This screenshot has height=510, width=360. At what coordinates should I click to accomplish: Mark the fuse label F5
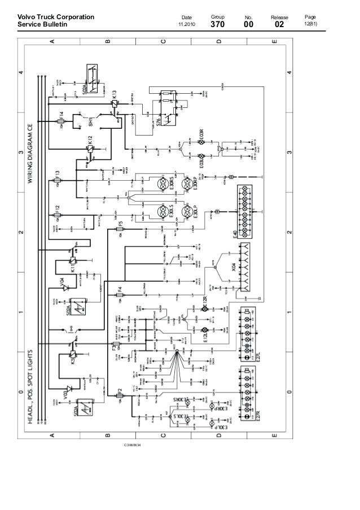pos(120,225)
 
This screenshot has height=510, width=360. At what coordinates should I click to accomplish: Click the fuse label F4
pos(119,291)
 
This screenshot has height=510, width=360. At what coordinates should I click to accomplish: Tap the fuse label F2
pos(120,391)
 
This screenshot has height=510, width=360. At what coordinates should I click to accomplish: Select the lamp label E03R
pos(200,135)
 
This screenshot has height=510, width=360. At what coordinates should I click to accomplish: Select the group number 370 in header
pos(217,25)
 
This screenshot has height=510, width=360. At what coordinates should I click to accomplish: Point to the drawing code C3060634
pos(133,446)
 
